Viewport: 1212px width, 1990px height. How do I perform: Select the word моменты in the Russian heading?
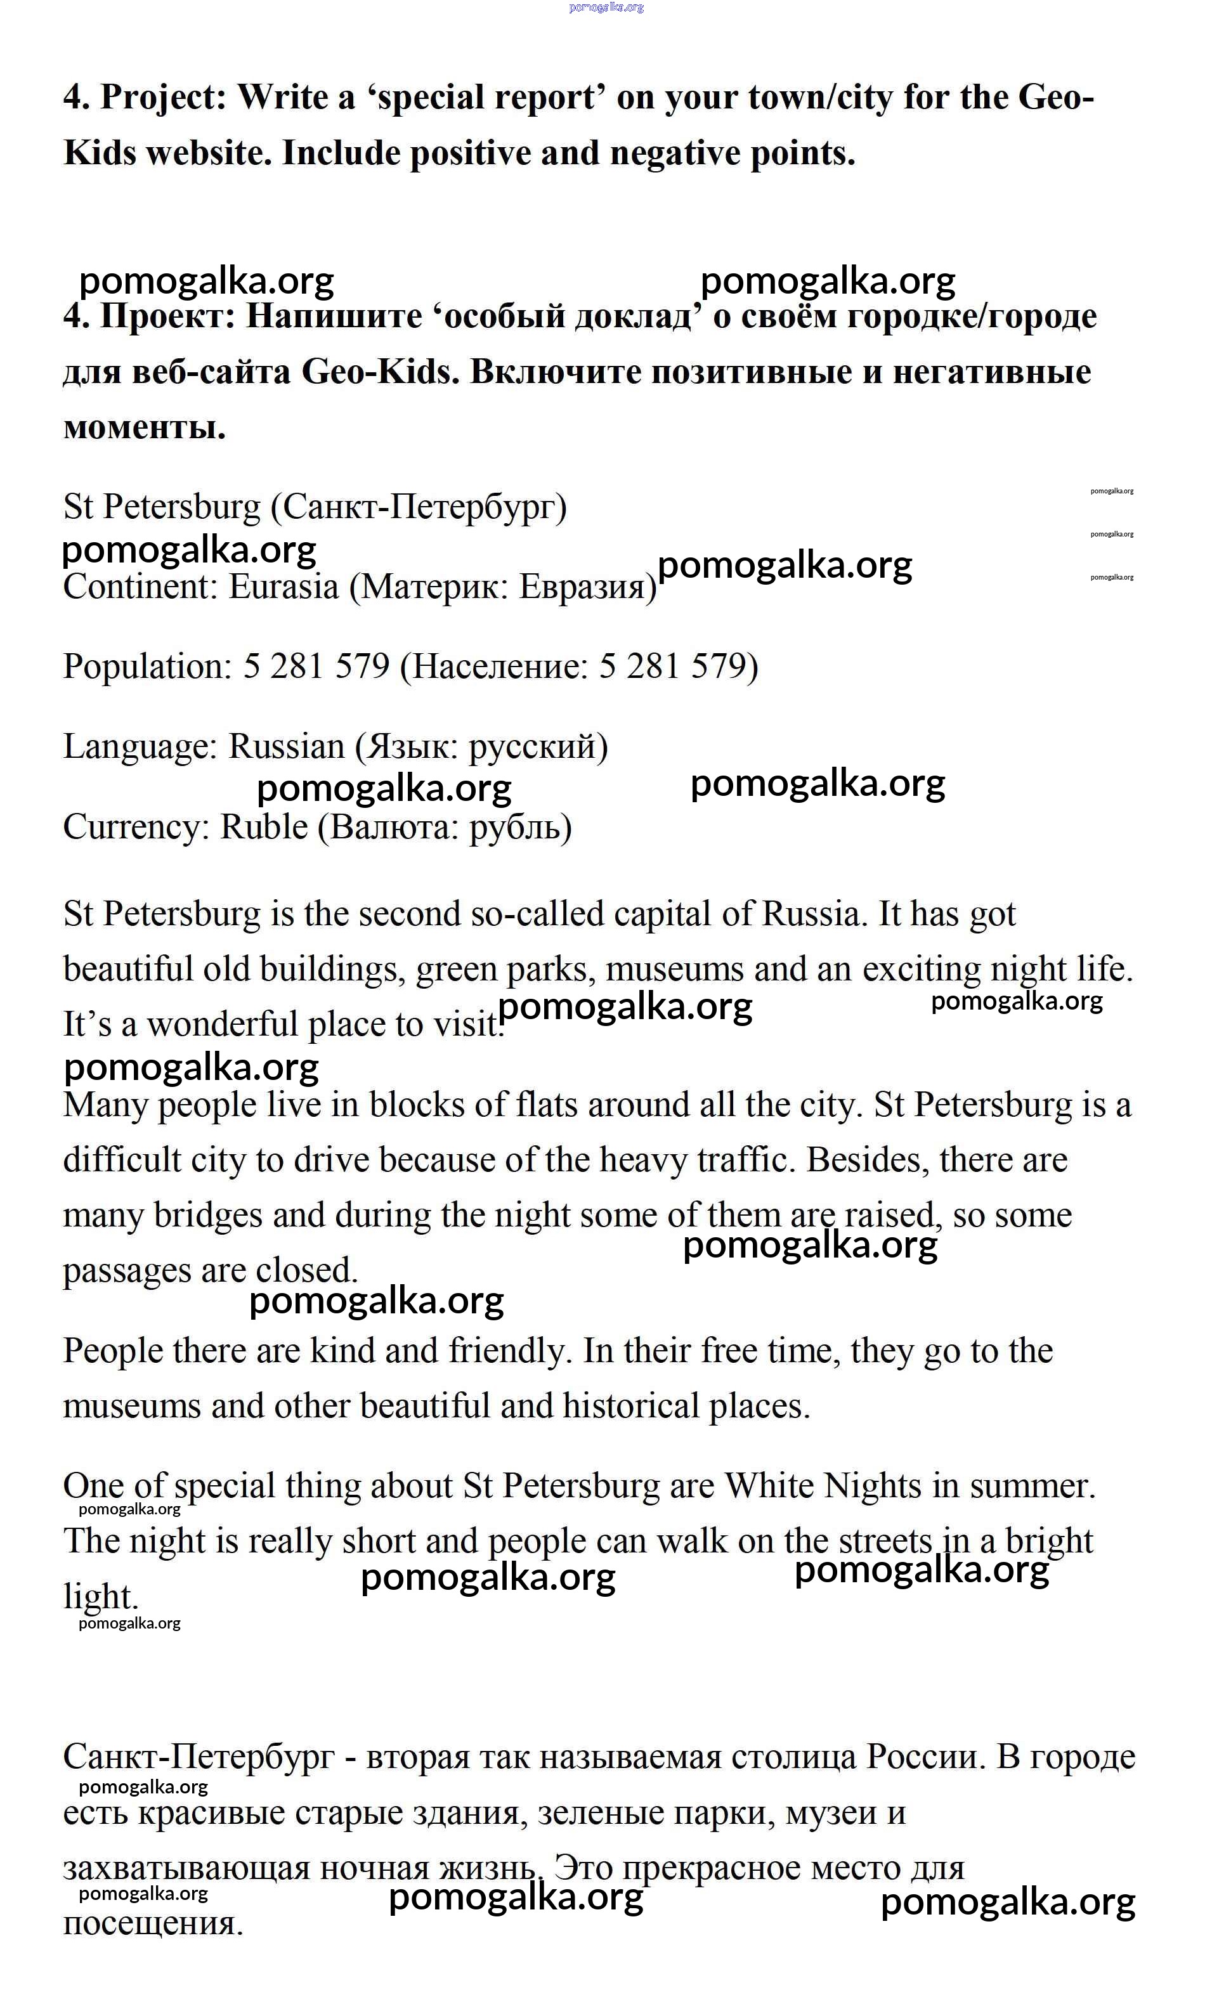pos(144,427)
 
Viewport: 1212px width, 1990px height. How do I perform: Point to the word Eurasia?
pos(283,587)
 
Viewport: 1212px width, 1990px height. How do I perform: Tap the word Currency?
pos(136,827)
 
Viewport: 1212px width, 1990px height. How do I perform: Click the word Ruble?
pos(263,827)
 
